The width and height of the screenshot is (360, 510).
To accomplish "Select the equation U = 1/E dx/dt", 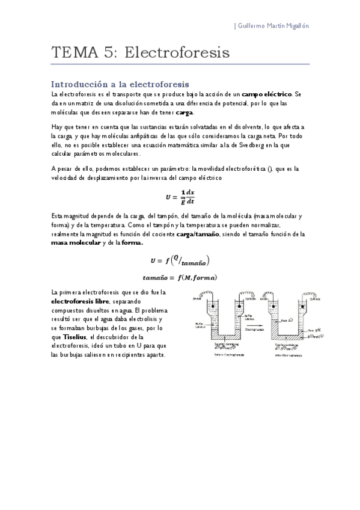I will click(x=180, y=196).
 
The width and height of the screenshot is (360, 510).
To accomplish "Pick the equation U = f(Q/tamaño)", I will click(x=180, y=261).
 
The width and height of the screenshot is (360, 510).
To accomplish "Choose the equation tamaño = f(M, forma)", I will click(x=180, y=277).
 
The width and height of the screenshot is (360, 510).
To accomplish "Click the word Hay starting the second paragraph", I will click(x=57, y=127).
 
